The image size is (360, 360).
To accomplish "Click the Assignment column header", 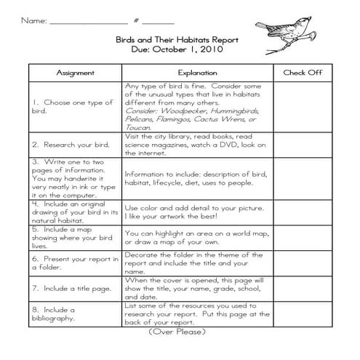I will click(76, 73).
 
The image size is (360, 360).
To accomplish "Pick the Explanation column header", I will click(197, 73).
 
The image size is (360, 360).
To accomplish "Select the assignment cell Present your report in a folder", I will click(74, 262).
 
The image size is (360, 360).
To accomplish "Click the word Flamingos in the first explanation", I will click(175, 119).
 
